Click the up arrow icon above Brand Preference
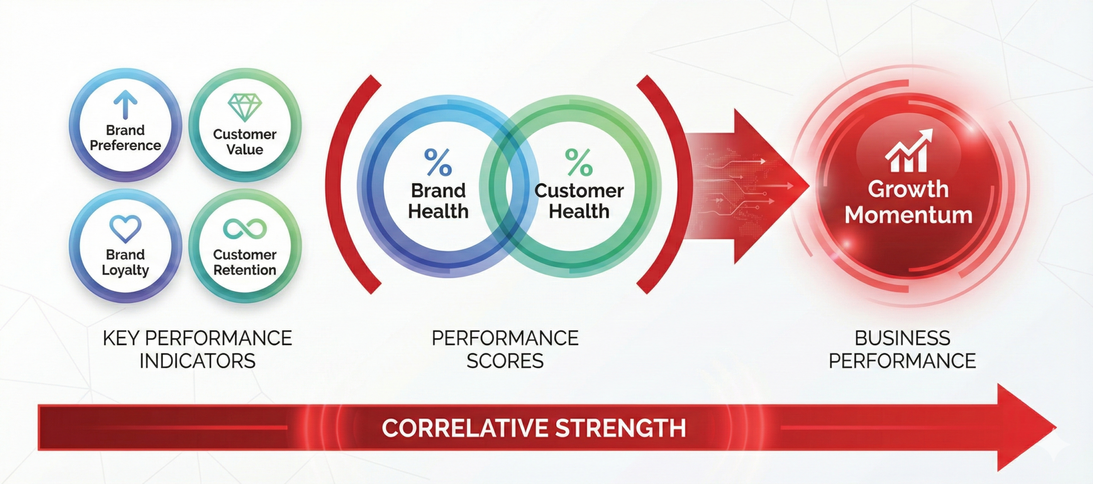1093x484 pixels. click(x=126, y=104)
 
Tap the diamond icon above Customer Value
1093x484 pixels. click(x=245, y=107)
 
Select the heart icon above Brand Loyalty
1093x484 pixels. click(x=125, y=229)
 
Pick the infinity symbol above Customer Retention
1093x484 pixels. click(x=245, y=229)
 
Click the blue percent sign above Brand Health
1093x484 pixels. click(x=438, y=162)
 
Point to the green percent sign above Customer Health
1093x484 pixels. click(x=579, y=162)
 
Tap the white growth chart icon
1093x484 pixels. click(x=909, y=151)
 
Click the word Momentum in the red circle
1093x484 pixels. click(x=909, y=214)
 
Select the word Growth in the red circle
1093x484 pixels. click(x=908, y=189)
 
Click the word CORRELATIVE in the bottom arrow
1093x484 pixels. click(x=465, y=428)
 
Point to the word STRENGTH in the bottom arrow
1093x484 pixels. click(x=621, y=428)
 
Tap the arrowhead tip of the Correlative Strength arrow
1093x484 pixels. click(x=1056, y=427)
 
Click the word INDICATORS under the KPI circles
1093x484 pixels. click(x=198, y=361)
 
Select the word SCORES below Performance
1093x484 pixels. click(x=505, y=361)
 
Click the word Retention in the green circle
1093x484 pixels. click(x=245, y=270)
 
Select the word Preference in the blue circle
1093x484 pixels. click(x=125, y=145)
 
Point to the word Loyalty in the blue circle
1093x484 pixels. click(x=125, y=270)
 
